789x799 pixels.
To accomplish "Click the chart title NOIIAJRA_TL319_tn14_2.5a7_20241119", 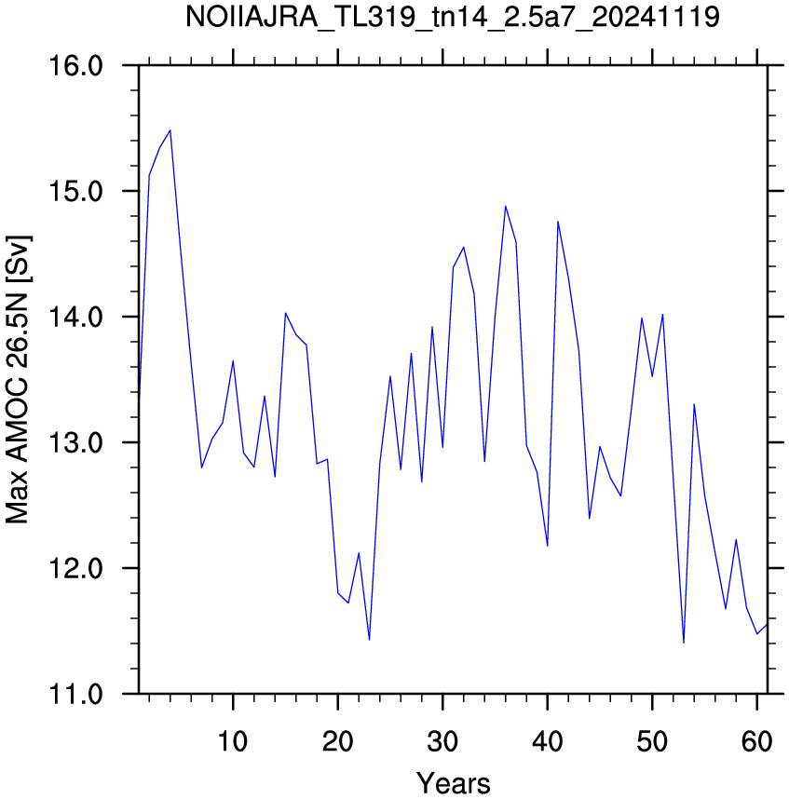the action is click(452, 17).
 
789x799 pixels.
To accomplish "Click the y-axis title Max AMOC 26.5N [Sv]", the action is click(18, 380).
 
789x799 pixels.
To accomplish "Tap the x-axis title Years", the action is click(453, 783).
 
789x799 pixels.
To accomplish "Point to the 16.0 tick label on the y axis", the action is click(75, 66).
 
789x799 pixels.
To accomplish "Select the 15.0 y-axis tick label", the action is click(75, 191).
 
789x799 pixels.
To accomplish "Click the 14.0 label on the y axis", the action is click(75, 317).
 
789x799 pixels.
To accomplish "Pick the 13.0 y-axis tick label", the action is click(75, 442).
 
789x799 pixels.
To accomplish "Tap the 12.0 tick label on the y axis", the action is click(75, 568).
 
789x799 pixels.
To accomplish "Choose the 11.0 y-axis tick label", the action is click(75, 694).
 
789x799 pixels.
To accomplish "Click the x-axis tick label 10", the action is click(233, 741).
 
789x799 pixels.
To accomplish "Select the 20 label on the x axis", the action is click(338, 741).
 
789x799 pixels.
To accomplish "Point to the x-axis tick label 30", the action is click(442, 741).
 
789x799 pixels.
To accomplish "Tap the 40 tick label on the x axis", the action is click(548, 741).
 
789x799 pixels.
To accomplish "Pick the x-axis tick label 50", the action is click(652, 741).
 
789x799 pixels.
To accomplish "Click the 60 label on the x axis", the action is click(757, 741).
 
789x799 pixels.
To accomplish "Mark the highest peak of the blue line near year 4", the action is click(170, 130).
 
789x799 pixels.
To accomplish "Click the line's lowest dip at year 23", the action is click(369, 640).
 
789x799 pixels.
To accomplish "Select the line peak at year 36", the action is click(506, 207).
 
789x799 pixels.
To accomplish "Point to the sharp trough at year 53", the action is click(684, 643).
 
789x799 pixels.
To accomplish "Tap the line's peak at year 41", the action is click(558, 221).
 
